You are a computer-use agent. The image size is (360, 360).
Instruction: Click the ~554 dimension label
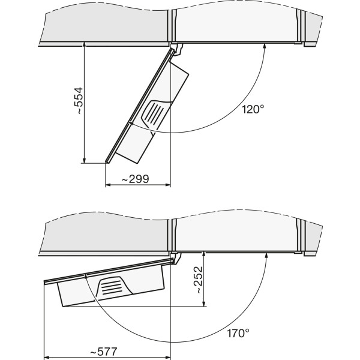(79, 101)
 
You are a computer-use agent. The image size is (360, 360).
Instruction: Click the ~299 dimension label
(135, 179)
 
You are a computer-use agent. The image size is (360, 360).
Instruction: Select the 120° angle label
(253, 109)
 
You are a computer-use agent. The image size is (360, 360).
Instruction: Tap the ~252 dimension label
(199, 280)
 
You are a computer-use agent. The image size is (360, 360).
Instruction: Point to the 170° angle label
(238, 333)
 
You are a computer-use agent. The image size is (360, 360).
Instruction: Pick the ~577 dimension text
(104, 352)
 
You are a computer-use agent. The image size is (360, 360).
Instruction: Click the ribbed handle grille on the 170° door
(113, 287)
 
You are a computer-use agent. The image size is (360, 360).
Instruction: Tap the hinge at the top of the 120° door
(178, 49)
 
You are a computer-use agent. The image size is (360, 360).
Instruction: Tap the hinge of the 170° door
(177, 257)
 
